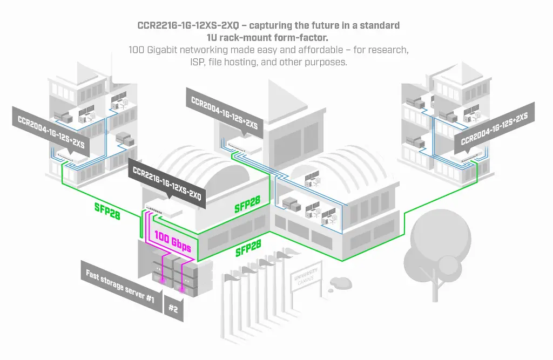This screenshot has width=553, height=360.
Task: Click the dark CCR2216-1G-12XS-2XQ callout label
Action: pyautogui.click(x=167, y=181)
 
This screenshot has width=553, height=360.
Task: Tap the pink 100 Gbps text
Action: pyautogui.click(x=173, y=241)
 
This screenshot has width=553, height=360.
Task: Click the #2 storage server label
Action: pyautogui.click(x=173, y=308)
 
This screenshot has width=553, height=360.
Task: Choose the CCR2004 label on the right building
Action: pyautogui.click(x=494, y=130)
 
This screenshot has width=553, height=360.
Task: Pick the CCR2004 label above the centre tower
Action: pyautogui.click(x=224, y=110)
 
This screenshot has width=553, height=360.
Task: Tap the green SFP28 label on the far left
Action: pyautogui.click(x=107, y=211)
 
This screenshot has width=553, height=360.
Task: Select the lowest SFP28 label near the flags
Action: pyautogui.click(x=248, y=249)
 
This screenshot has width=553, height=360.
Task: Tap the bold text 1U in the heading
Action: pyautogui.click(x=213, y=38)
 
